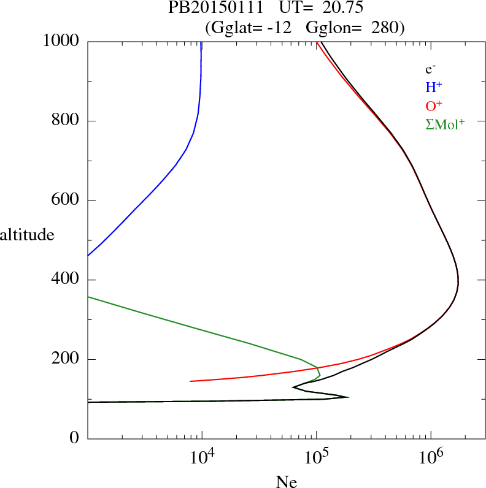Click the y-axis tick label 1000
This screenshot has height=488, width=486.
click(x=61, y=41)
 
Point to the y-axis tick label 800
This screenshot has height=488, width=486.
click(x=66, y=121)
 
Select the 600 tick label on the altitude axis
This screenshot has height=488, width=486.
click(x=66, y=200)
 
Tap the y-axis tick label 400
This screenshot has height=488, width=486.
click(x=66, y=280)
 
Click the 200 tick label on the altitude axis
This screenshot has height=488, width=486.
click(x=66, y=359)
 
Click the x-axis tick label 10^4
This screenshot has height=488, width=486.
click(x=202, y=459)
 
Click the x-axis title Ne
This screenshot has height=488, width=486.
click(x=287, y=482)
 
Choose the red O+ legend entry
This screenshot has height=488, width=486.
click(x=434, y=105)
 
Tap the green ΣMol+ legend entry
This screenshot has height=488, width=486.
click(x=445, y=124)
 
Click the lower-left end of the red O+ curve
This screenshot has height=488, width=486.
click(x=191, y=381)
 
